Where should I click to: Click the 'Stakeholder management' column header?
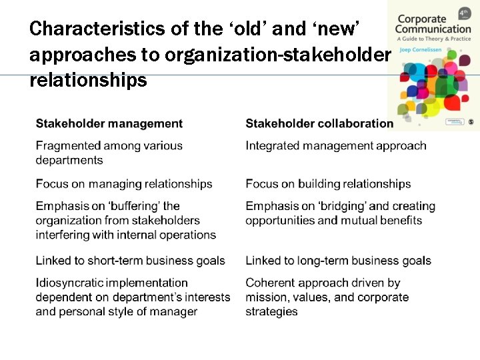click(x=109, y=123)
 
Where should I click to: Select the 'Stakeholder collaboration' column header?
click(x=319, y=123)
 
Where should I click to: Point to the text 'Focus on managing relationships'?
click(x=124, y=184)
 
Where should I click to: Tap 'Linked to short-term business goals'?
click(x=131, y=261)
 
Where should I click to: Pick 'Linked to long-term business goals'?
click(x=338, y=261)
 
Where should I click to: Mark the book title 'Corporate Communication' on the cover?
click(x=432, y=24)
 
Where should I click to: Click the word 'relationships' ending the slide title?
click(x=88, y=81)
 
